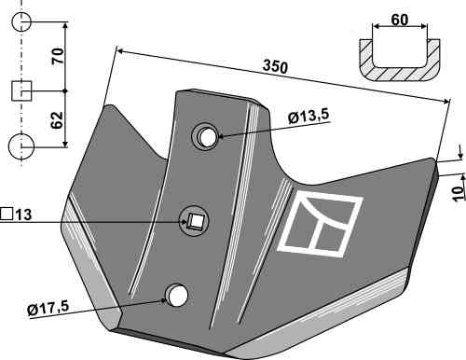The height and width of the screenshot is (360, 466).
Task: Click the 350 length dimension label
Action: click(x=275, y=67)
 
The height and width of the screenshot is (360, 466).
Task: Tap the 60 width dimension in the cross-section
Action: click(x=400, y=20)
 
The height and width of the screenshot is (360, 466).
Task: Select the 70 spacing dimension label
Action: click(x=58, y=56)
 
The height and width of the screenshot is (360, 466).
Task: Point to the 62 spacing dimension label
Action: click(x=57, y=119)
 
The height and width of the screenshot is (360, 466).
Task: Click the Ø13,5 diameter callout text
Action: click(x=308, y=117)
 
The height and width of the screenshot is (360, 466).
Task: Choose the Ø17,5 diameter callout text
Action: click(x=48, y=309)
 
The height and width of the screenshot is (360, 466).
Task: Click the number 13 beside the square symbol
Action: click(x=23, y=215)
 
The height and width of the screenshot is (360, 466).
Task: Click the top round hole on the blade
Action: click(x=206, y=137)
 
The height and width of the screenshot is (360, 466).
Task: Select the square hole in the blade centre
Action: click(x=196, y=221)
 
